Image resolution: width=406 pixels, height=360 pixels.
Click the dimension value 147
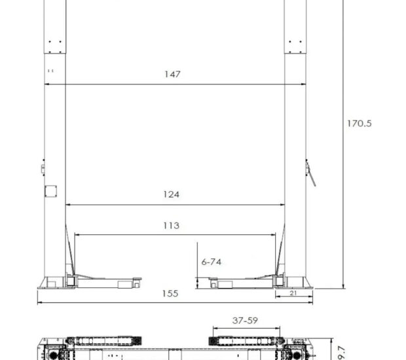pos(172,74)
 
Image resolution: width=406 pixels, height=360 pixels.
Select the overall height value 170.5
pos(359,122)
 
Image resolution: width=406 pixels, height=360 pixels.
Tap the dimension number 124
pos(172,194)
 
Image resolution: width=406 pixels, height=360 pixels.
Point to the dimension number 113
pos(171,226)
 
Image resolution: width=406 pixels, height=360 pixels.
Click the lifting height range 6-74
pos(211,261)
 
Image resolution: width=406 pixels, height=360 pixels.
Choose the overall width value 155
pos(170,293)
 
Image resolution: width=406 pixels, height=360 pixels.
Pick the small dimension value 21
pos(293,293)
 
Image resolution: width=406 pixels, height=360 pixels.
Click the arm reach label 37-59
pos(245,321)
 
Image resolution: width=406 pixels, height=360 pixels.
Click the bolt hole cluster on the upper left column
pos(55,45)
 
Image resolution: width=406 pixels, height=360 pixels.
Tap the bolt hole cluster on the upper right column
pos(295,45)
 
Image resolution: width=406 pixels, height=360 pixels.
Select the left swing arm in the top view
pos(105,341)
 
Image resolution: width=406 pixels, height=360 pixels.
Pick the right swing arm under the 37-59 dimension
pos(244,341)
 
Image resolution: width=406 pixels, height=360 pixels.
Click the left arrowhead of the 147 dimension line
pos(47,84)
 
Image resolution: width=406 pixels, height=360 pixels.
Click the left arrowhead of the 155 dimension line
pos(40,302)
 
